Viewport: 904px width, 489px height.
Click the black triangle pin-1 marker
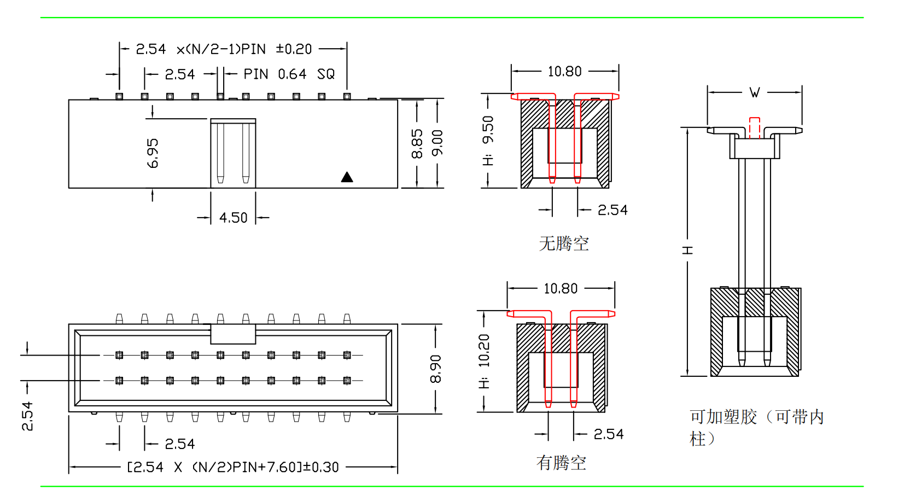tap(347, 177)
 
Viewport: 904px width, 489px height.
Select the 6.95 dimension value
tap(153, 153)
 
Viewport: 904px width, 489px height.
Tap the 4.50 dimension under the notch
tap(234, 218)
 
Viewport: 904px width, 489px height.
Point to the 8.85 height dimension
tap(417, 144)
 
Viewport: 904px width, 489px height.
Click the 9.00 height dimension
tap(438, 143)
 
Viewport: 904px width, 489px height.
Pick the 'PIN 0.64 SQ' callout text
tap(289, 74)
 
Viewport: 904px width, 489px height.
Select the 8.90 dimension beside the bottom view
tap(435, 369)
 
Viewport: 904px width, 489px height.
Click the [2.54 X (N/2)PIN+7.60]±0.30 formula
tap(233, 467)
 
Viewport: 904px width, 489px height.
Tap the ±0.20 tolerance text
tap(294, 49)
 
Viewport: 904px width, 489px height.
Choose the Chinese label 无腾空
tap(564, 243)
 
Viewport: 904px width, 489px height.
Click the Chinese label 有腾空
tap(561, 463)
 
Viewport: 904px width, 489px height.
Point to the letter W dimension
tap(755, 92)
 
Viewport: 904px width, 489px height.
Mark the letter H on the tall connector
tap(687, 250)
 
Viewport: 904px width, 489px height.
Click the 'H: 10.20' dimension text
tap(484, 362)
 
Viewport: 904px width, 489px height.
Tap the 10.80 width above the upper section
tap(565, 72)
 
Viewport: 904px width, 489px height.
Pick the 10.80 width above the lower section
tap(561, 289)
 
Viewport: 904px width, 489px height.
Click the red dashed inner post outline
tap(755, 127)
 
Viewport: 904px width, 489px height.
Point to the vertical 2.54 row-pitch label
tap(27, 416)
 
